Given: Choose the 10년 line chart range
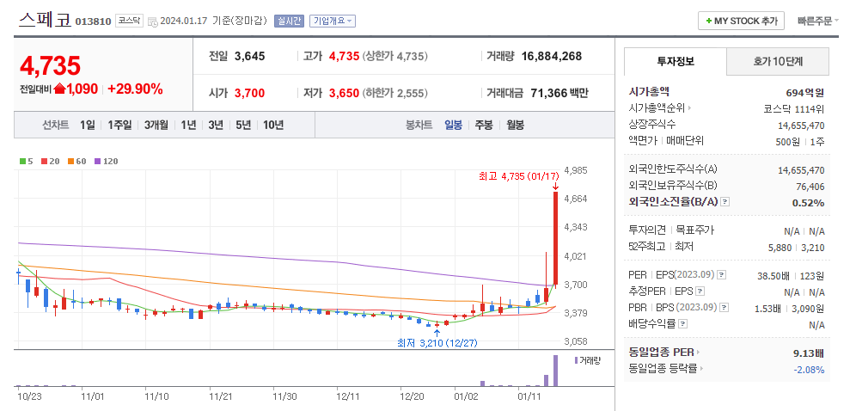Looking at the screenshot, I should click(273, 125).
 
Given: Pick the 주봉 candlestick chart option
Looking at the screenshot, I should click(484, 125).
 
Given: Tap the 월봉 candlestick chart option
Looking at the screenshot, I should click(515, 125).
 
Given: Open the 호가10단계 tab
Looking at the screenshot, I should click(778, 61).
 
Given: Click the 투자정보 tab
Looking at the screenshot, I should click(676, 61).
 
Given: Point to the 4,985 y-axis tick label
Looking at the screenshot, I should click(575, 170).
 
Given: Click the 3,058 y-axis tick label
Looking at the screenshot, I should click(575, 341).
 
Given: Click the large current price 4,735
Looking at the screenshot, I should click(50, 65).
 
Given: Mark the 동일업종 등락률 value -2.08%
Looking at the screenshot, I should click(808, 369).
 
